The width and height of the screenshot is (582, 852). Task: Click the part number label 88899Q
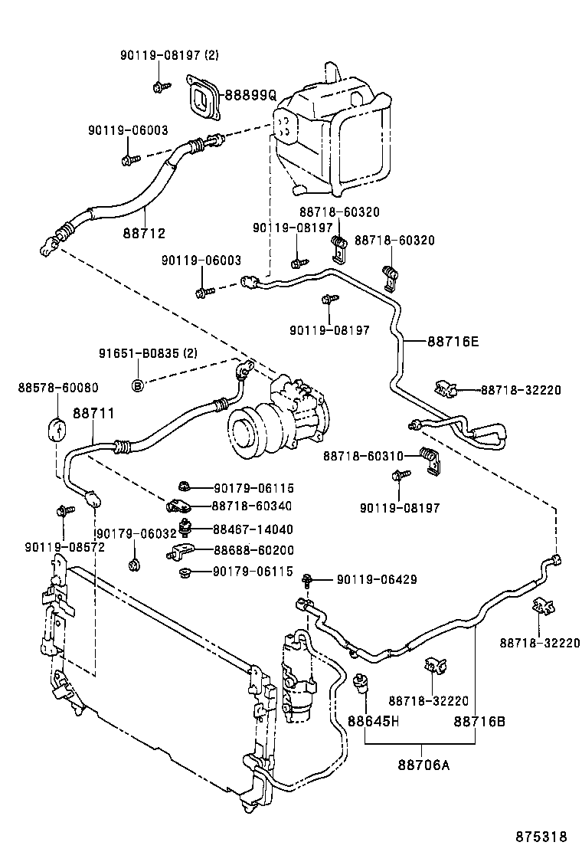(249, 95)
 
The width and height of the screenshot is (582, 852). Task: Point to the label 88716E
(452, 342)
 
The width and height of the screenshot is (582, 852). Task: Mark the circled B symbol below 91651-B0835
(137, 384)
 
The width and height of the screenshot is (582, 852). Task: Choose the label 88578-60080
(47, 388)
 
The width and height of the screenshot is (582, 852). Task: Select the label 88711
(93, 413)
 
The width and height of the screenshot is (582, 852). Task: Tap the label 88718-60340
(253, 506)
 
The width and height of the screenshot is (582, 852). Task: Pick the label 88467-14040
(253, 529)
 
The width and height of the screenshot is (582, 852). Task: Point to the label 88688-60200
(253, 550)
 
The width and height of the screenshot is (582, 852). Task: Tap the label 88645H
(373, 721)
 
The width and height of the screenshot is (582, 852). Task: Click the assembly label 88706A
(423, 765)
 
